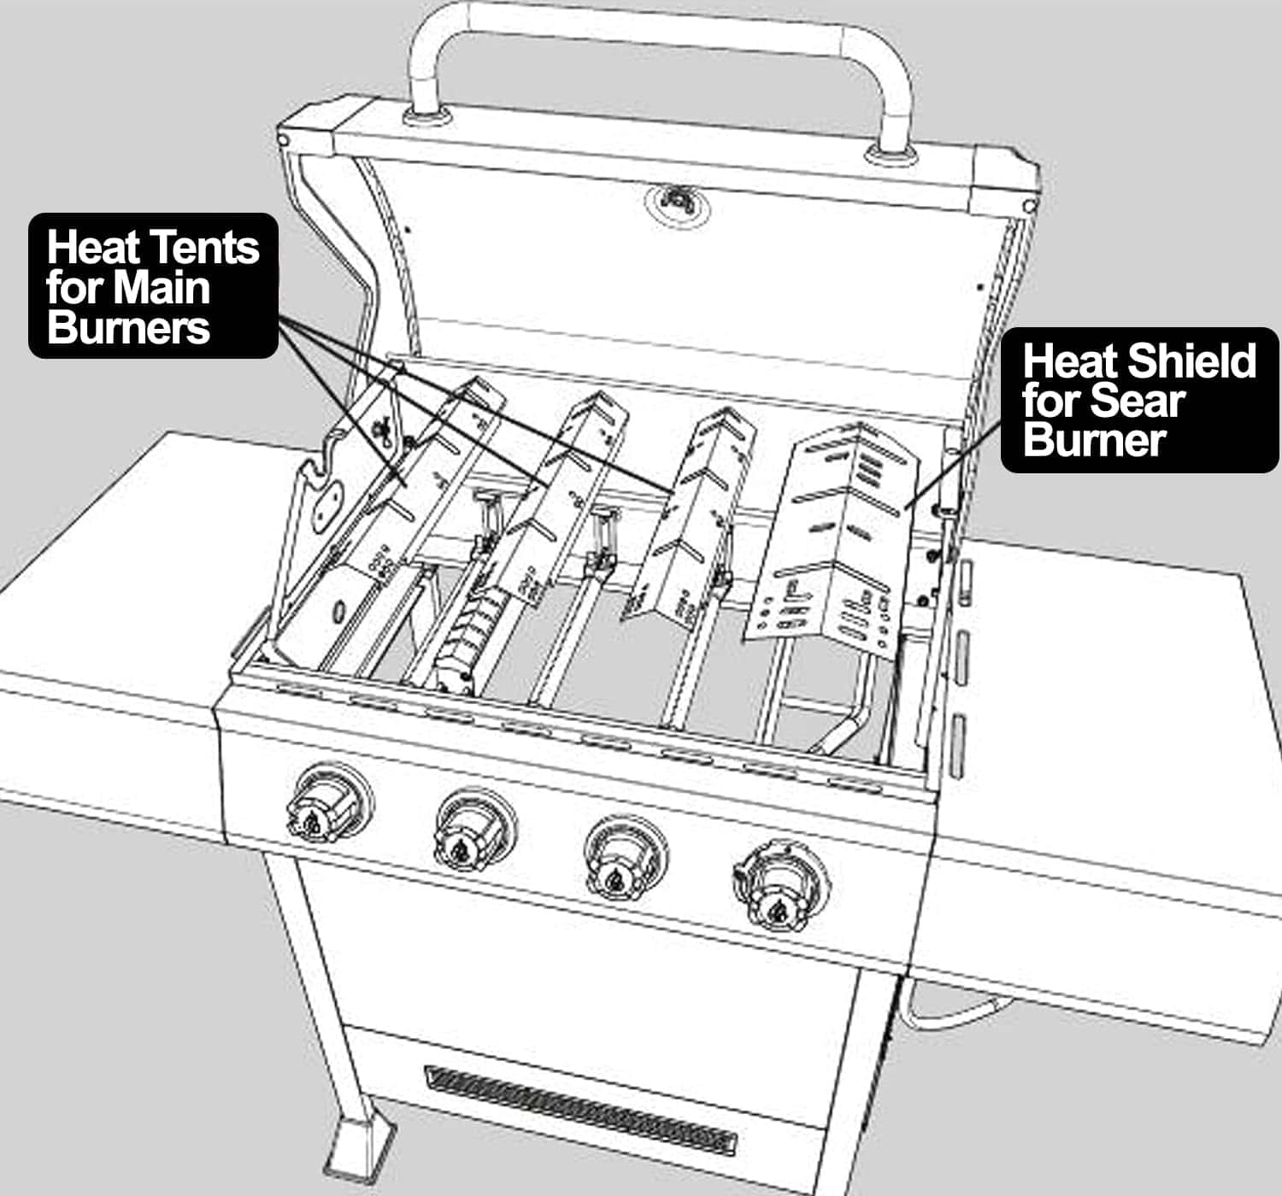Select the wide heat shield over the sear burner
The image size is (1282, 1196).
click(834, 538)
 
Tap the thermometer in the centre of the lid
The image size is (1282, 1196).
click(677, 202)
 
